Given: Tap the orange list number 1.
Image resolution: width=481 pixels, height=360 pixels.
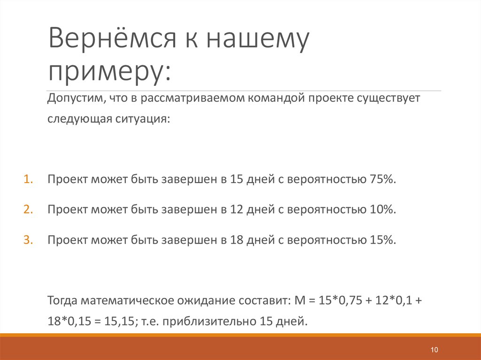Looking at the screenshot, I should [x=28, y=180].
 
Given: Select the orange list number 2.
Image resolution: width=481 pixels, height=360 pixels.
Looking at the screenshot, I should [x=28, y=209].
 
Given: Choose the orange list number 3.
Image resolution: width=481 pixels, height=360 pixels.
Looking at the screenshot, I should [x=28, y=239].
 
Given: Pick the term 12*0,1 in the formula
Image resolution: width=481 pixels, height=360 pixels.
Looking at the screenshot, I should [x=392, y=300].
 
